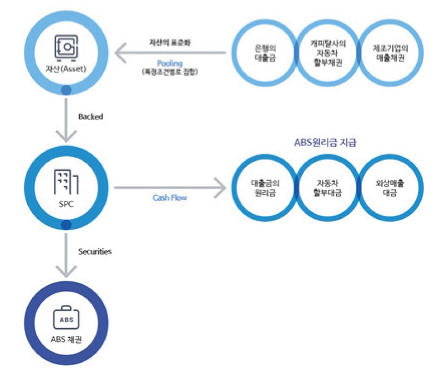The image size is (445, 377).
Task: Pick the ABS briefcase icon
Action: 67,319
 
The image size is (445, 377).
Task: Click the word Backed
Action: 91,116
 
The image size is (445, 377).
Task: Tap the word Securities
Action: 95,251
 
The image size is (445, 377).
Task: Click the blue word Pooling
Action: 170,63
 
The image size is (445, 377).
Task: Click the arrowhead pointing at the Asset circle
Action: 121,53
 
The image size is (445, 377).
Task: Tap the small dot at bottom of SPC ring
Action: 67,225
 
